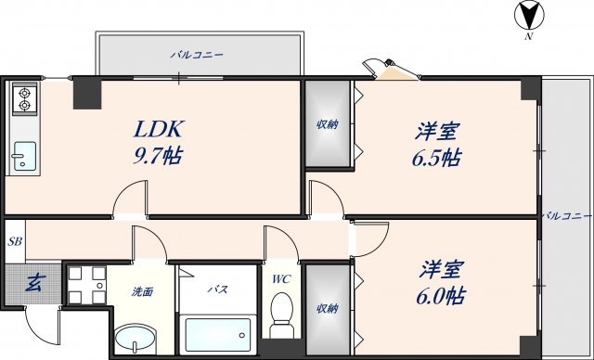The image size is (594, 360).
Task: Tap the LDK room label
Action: point(161,128)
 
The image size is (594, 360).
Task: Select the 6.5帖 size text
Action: point(436,157)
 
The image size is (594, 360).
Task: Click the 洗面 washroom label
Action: point(142,291)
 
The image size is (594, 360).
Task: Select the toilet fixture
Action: point(280,315)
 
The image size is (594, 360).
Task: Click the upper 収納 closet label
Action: point(326,125)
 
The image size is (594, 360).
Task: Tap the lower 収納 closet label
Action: point(326,308)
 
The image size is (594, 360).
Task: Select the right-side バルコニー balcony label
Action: point(565,215)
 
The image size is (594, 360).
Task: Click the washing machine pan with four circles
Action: point(86,284)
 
